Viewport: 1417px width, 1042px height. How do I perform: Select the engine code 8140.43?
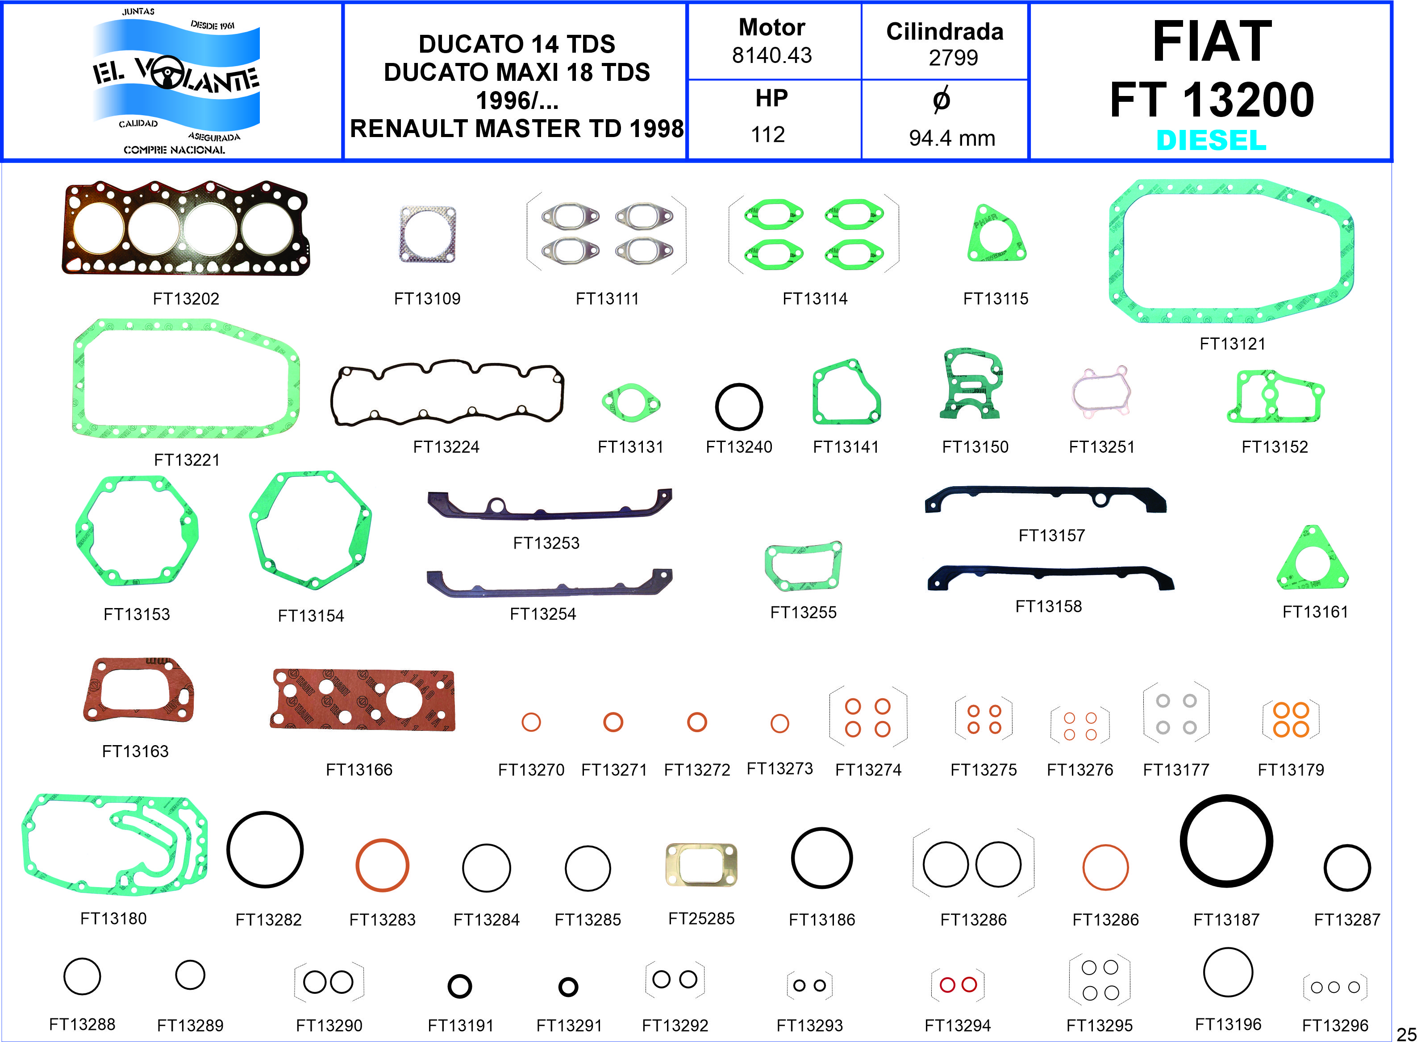[x=772, y=55]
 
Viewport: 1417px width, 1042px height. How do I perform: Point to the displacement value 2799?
[x=953, y=58]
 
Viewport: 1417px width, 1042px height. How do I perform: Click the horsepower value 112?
[x=767, y=134]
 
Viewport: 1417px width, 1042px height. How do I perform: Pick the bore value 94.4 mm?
[x=952, y=138]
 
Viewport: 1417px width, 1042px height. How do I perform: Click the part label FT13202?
[x=186, y=298]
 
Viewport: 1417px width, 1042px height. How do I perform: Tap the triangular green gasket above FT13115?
[x=996, y=235]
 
